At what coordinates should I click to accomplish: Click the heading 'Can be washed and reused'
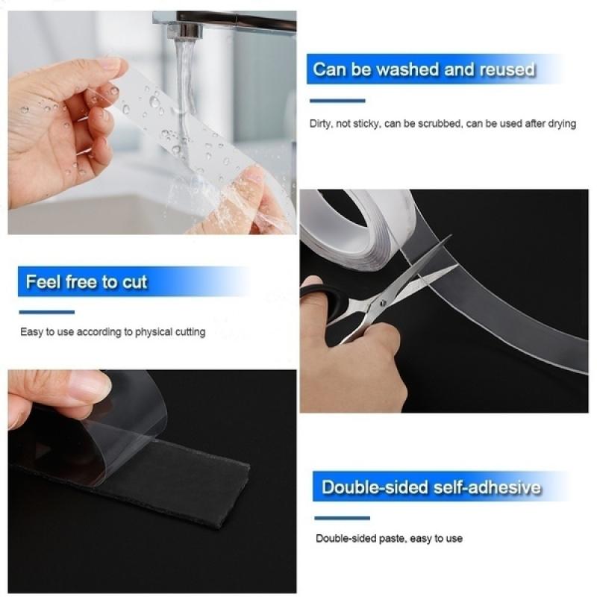pyautogui.click(x=424, y=70)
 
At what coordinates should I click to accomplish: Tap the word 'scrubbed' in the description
pyautogui.click(x=436, y=124)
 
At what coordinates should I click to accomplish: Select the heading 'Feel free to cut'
pyautogui.click(x=87, y=282)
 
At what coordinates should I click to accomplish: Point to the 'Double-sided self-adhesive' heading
pyautogui.click(x=431, y=488)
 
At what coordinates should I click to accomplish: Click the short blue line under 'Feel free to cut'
pyautogui.click(x=46, y=312)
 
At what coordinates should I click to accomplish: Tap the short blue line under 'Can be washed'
pyautogui.click(x=337, y=100)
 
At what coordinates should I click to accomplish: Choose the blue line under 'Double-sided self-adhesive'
pyautogui.click(x=342, y=518)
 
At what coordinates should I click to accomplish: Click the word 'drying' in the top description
pyautogui.click(x=561, y=124)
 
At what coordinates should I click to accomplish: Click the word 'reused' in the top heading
pyautogui.click(x=507, y=70)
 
